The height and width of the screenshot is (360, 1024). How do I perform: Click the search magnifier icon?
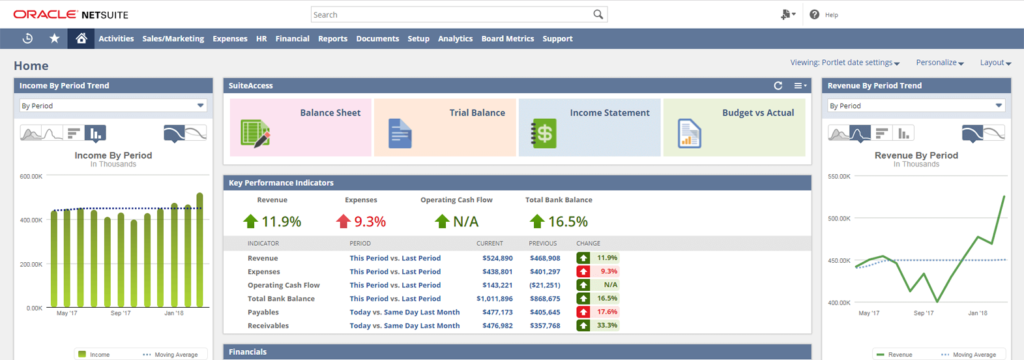tap(598, 15)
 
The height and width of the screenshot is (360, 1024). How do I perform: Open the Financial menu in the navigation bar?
tap(292, 38)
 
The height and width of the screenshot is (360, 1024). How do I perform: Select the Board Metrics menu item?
tap(507, 38)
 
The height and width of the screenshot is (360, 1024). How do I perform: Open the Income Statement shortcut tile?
tap(589, 127)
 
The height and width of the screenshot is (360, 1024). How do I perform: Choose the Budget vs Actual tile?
tap(734, 127)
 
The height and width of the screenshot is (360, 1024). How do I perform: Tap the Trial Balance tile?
tap(445, 127)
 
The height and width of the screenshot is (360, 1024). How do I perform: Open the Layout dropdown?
tap(995, 62)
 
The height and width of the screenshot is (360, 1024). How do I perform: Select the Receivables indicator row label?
tap(270, 325)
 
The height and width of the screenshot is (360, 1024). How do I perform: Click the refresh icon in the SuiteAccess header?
tap(778, 87)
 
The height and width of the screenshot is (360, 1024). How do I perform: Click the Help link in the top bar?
tap(830, 15)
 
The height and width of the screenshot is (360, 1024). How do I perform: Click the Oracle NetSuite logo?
tap(63, 15)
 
